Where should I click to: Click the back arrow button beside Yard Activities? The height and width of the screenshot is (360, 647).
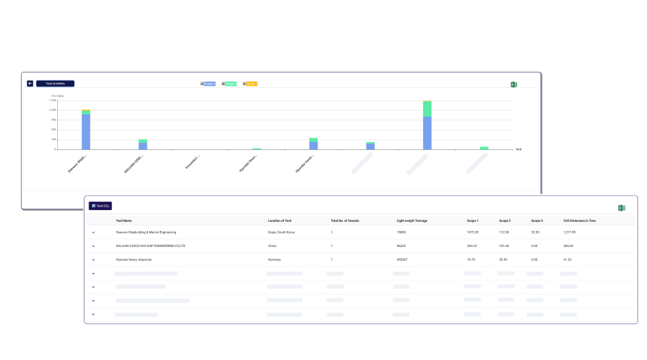click(x=30, y=84)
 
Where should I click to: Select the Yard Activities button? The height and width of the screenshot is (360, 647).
click(x=55, y=84)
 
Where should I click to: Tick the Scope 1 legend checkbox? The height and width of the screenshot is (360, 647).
click(x=202, y=84)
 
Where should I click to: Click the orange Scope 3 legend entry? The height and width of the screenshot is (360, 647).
click(x=251, y=84)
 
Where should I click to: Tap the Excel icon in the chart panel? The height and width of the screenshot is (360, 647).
click(x=514, y=84)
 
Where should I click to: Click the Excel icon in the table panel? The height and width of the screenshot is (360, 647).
click(x=621, y=208)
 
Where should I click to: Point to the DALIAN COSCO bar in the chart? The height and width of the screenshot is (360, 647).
click(x=142, y=144)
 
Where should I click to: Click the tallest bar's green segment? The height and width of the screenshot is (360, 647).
click(x=427, y=109)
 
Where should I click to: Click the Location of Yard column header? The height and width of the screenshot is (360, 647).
click(x=280, y=220)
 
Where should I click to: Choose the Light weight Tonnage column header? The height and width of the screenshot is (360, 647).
click(x=412, y=220)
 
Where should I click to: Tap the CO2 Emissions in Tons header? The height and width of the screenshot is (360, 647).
click(x=579, y=220)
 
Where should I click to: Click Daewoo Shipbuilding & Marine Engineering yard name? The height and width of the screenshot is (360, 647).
click(x=146, y=232)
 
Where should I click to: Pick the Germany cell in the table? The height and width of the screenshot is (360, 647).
click(x=275, y=260)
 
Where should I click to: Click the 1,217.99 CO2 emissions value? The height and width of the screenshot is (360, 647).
click(x=570, y=232)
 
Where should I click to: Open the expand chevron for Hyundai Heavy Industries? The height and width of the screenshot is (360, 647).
click(x=93, y=260)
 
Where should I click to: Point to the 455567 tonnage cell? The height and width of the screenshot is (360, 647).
click(x=402, y=260)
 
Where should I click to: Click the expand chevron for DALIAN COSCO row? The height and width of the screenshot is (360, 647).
click(x=93, y=246)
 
